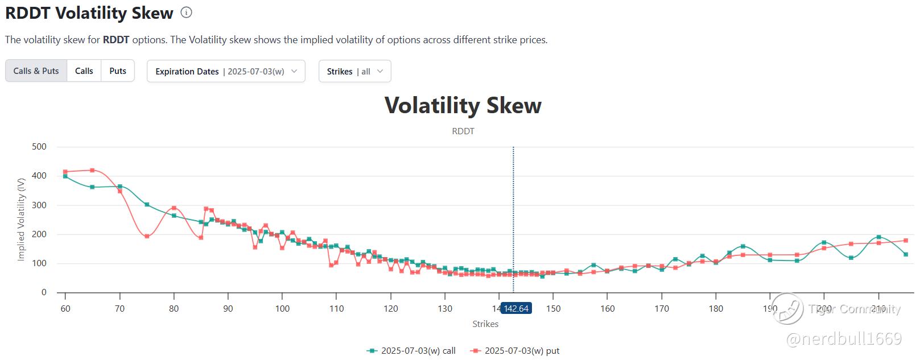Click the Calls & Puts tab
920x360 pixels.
(x=36, y=71)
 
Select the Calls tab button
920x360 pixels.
(x=84, y=71)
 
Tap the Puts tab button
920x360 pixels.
(x=118, y=71)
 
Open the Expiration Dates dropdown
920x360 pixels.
(x=226, y=71)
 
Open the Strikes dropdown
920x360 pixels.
(x=354, y=71)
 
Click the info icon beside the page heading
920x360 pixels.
(x=186, y=13)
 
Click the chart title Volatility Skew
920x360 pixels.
(x=463, y=106)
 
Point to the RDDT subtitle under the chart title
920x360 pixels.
(x=463, y=131)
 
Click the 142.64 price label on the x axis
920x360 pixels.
(x=516, y=308)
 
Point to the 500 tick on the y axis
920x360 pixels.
(x=39, y=147)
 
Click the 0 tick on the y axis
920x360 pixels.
(x=44, y=292)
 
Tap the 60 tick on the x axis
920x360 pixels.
(x=65, y=308)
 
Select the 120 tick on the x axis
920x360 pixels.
(x=391, y=308)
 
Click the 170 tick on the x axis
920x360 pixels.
(x=662, y=308)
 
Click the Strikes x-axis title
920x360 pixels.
(x=485, y=324)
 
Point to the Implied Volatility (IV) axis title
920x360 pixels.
(x=22, y=219)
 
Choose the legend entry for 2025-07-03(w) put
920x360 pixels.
(x=515, y=351)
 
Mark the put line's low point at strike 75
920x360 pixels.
(x=147, y=236)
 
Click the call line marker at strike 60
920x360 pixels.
(x=65, y=176)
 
